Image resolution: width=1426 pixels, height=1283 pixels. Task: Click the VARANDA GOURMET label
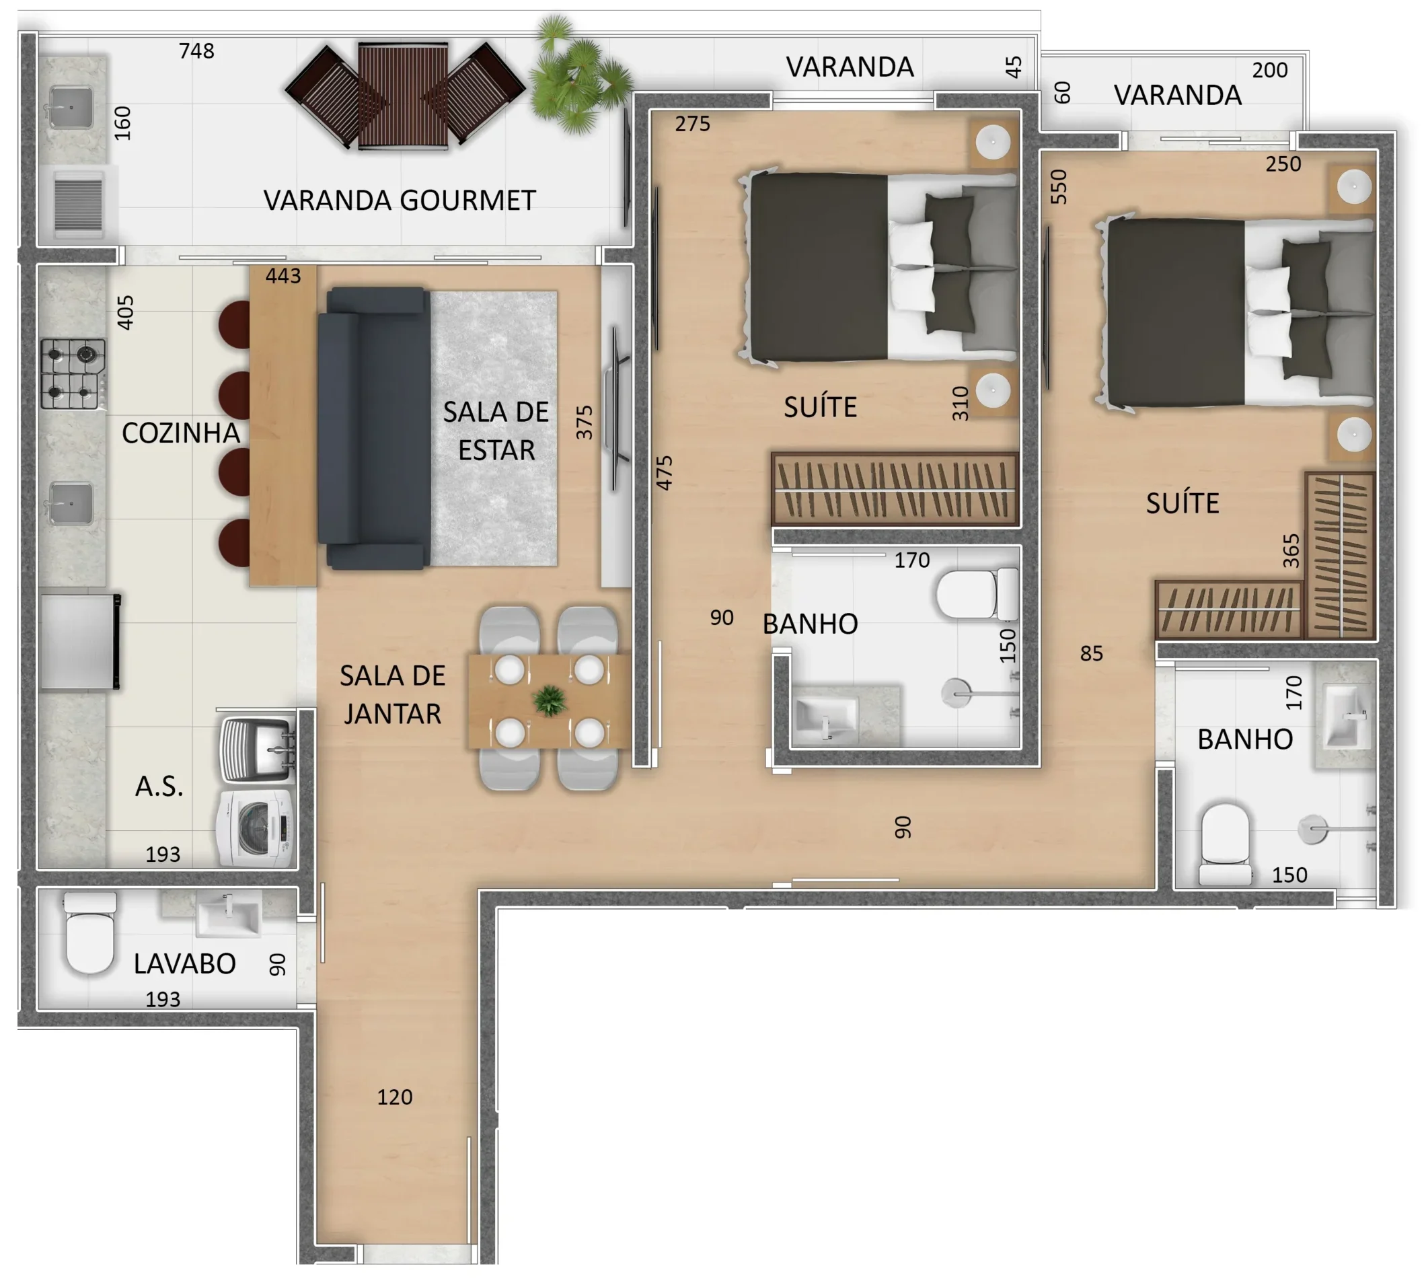click(400, 200)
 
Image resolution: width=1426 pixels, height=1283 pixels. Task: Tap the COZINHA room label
click(180, 433)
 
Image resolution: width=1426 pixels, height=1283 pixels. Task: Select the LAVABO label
click(185, 963)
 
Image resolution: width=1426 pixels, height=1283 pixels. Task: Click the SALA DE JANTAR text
click(393, 694)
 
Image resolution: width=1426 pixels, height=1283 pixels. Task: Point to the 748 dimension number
click(196, 50)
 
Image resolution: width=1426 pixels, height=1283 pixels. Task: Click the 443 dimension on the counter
click(283, 276)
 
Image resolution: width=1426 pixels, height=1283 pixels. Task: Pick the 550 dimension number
click(1059, 187)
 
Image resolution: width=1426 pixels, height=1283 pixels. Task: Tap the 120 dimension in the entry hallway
click(395, 1097)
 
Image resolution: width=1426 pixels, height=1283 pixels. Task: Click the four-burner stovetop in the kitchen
click(73, 373)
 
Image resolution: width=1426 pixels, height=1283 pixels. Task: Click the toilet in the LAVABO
click(90, 932)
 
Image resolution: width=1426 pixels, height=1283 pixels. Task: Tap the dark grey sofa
click(373, 428)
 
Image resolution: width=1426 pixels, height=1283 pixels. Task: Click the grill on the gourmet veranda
click(78, 205)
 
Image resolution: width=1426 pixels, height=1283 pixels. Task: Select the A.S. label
click(159, 786)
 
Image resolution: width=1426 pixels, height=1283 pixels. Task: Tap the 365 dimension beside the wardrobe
click(1291, 551)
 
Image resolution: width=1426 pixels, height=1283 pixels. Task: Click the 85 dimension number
click(1091, 653)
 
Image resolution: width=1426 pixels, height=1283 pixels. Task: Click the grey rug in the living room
click(494, 428)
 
